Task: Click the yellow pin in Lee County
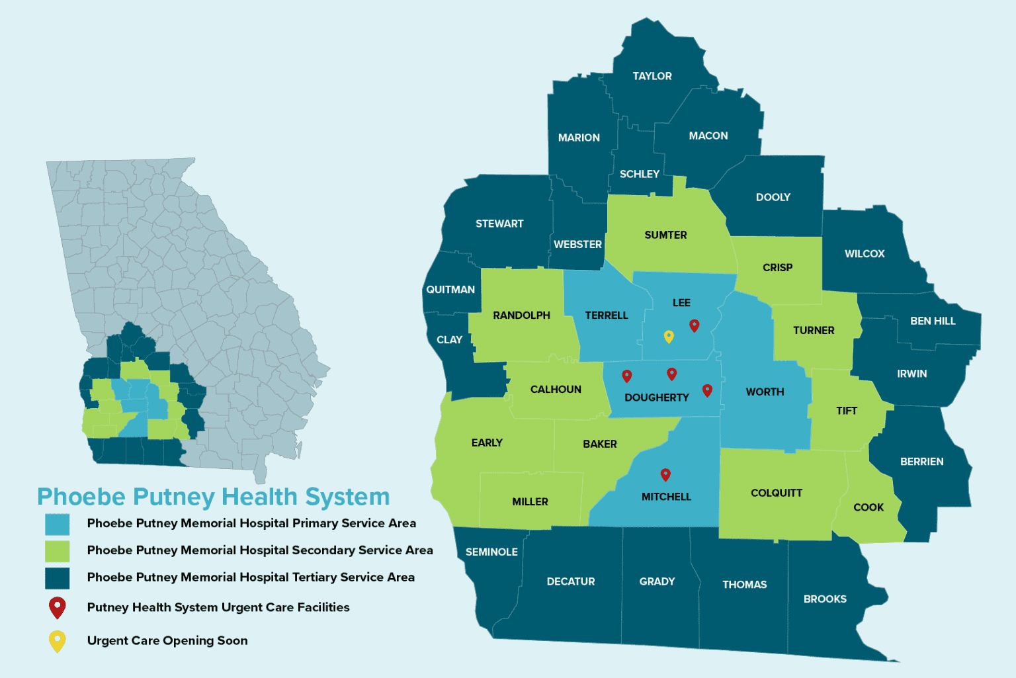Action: click(669, 336)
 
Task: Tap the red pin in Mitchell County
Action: click(665, 474)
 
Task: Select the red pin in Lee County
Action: click(694, 325)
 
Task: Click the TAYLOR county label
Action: click(652, 76)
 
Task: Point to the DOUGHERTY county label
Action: click(657, 398)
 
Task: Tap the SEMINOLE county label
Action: click(491, 552)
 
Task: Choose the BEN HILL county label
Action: click(933, 321)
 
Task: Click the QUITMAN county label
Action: click(450, 290)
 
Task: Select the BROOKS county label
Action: click(825, 599)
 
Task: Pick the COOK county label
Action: click(868, 507)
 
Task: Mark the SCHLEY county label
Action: click(639, 174)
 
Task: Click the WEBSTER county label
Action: click(577, 244)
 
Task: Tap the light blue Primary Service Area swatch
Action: click(58, 524)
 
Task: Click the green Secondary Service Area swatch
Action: click(58, 551)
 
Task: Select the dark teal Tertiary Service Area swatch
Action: click(58, 578)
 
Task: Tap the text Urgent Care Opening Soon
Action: click(167, 640)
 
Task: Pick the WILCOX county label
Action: click(865, 254)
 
